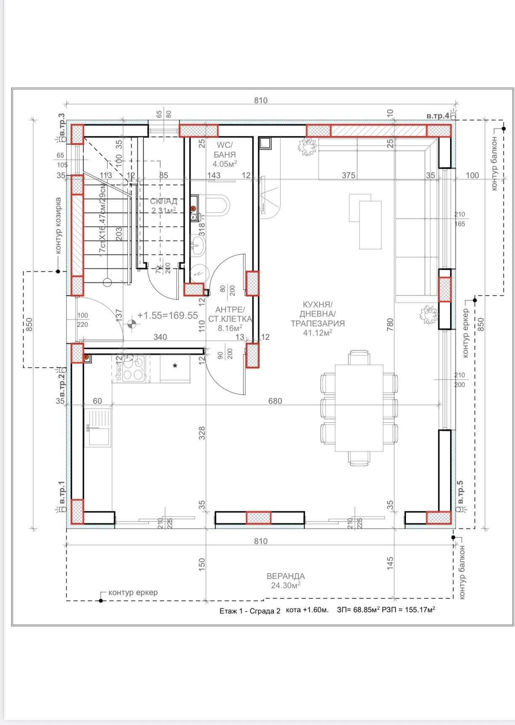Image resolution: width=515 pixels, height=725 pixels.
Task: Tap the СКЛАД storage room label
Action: point(164,205)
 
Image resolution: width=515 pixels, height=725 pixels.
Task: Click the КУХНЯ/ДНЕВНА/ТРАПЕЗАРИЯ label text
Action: point(317,318)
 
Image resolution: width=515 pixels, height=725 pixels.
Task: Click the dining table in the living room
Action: point(359,408)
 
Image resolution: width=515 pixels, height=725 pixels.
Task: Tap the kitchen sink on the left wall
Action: point(98,427)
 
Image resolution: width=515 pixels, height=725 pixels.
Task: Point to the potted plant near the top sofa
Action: point(307,146)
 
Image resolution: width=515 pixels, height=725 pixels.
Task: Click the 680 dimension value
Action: point(275,401)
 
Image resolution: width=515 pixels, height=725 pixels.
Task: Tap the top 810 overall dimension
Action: point(260,100)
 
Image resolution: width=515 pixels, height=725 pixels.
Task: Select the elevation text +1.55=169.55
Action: point(167,315)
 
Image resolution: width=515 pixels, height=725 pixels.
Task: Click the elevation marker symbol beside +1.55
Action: point(132,324)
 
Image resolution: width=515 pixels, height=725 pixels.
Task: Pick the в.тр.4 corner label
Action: point(438,116)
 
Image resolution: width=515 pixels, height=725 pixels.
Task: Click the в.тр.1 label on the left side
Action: point(61,493)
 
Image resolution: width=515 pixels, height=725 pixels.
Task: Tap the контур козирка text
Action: point(58,226)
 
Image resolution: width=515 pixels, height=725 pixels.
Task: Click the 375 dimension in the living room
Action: point(348,175)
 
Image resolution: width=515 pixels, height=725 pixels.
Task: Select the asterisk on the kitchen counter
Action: point(175,366)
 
